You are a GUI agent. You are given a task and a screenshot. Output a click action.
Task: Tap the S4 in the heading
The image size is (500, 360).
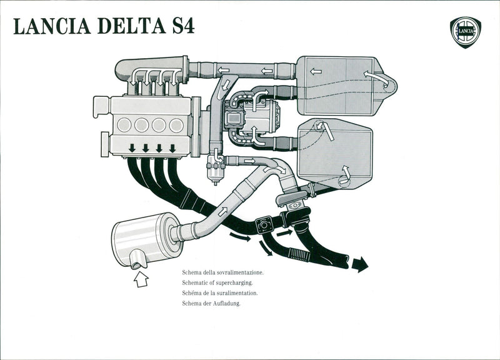pos(180,27)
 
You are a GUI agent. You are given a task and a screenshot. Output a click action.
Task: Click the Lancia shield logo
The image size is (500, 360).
pos(465,32)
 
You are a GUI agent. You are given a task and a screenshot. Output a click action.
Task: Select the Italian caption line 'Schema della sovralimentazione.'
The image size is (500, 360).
pos(223,273)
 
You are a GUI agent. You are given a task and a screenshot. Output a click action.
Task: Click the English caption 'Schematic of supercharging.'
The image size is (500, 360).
pos(217,283)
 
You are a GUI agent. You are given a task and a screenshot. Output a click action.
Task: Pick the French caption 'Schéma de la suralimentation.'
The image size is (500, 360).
pos(220,293)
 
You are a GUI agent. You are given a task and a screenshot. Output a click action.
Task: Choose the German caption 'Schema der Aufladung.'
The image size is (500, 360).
pos(211,303)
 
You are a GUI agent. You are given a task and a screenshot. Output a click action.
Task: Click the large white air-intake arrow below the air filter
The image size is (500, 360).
pos(141,279)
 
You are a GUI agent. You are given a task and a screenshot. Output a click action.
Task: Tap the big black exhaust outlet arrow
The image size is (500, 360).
pos(359,265)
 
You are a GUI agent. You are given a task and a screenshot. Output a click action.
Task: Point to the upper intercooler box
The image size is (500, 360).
pos(337,86)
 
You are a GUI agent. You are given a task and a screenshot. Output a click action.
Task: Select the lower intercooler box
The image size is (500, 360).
pos(335,154)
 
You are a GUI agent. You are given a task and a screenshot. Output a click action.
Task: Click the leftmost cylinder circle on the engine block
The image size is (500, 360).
pos(124,124)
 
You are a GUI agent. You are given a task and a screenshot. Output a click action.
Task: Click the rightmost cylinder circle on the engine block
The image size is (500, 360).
pos(177,124)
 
